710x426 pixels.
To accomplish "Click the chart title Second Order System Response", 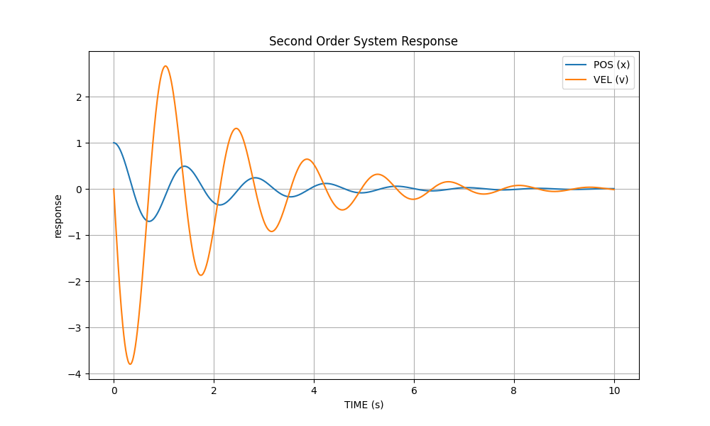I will tap(363, 41).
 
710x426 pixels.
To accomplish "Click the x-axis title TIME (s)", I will tap(364, 405).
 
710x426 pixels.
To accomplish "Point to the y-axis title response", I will tap(58, 216).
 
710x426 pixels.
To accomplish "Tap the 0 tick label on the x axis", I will tap(114, 390).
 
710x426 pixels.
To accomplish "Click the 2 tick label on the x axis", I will tap(214, 390).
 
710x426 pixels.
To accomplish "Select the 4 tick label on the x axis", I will tap(314, 390).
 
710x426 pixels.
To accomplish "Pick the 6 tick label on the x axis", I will tap(414, 390).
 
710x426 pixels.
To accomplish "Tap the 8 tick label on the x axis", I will tap(514, 390).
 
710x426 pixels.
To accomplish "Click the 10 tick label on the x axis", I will tap(614, 390).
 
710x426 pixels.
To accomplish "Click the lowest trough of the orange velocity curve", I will tap(130, 364).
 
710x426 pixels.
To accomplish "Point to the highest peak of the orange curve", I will tap(165, 66).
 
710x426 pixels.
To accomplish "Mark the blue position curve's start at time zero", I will tap(114, 143).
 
